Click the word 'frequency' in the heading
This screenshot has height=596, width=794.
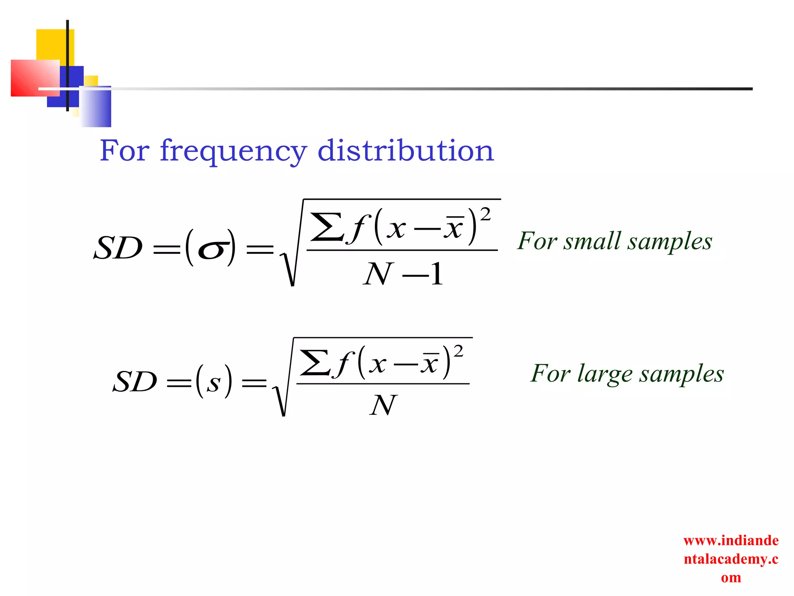pyautogui.click(x=233, y=151)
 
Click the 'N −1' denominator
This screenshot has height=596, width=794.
pyautogui.click(x=403, y=274)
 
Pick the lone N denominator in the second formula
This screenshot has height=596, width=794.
pyautogui.click(x=383, y=405)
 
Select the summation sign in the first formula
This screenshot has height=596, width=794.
pyautogui.click(x=326, y=227)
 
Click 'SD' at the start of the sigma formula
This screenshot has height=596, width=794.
pyautogui.click(x=118, y=248)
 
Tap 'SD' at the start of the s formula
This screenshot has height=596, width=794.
pyautogui.click(x=135, y=382)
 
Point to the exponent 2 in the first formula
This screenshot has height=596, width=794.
pyautogui.click(x=485, y=214)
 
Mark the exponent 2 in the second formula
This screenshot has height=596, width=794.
pyautogui.click(x=458, y=352)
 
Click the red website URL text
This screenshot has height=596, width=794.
pyautogui.click(x=731, y=559)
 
